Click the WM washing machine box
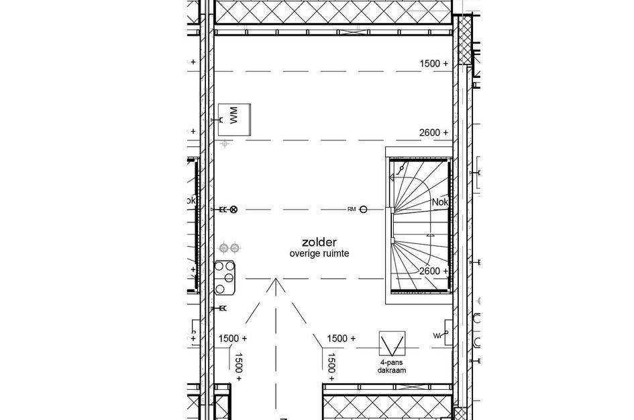pos(234,120)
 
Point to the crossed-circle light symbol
pos(233,210)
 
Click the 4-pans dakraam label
pos(391,366)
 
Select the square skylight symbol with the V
pos(391,344)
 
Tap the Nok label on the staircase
pos(440,202)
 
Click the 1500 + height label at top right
pos(433,63)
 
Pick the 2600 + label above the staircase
pos(433,133)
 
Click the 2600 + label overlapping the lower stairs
pos(433,271)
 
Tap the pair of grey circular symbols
pos(229,248)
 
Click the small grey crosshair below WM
pos(225,143)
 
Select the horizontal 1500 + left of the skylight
pos(341,339)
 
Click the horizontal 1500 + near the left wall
pos(233,339)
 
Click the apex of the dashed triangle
pos(273,280)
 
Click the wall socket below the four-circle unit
pos(219,308)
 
